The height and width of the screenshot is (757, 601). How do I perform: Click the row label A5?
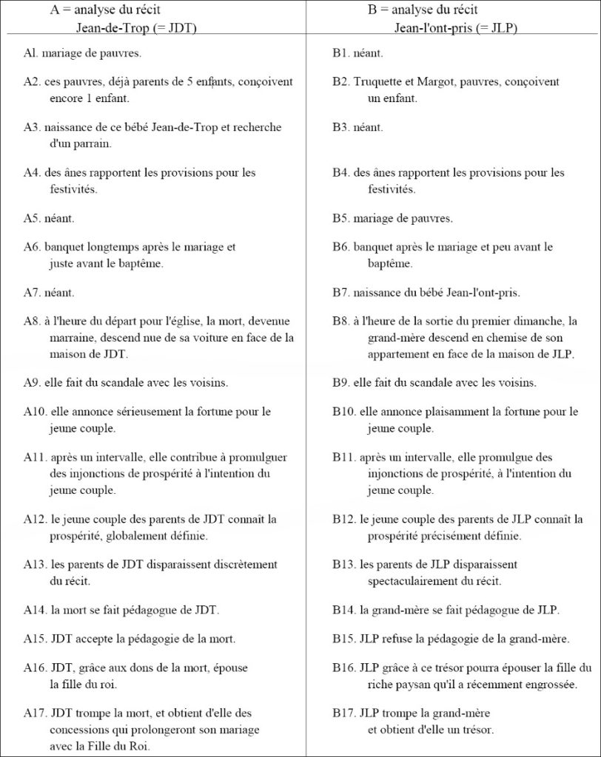pos(30,218)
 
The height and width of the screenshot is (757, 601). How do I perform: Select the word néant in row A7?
pos(58,292)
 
